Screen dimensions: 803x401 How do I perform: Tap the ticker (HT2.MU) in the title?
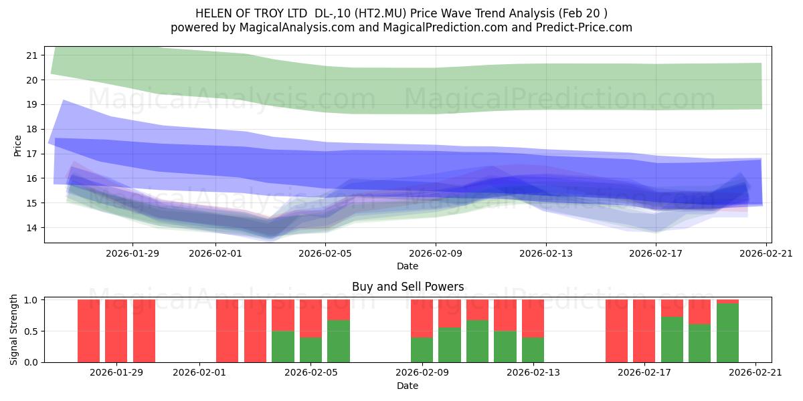pyautogui.click(x=380, y=13)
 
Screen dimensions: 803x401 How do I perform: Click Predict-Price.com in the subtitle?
pyautogui.click(x=584, y=27)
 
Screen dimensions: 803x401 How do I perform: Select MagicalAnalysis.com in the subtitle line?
pyautogui.click(x=297, y=27)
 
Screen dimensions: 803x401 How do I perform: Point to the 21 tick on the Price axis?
pyautogui.click(x=32, y=55)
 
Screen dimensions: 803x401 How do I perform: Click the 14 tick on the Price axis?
pyautogui.click(x=32, y=228)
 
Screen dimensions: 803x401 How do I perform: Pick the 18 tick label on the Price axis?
pyautogui.click(x=32, y=129)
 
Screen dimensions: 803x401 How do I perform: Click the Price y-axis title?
pyautogui.click(x=17, y=146)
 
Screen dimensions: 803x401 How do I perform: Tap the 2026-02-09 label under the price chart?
pyautogui.click(x=436, y=253)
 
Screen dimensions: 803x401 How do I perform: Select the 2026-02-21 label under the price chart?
pyautogui.click(x=766, y=253)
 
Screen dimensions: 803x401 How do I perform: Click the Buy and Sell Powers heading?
pyautogui.click(x=408, y=287)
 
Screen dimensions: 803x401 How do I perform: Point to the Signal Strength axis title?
pyautogui.click(x=13, y=329)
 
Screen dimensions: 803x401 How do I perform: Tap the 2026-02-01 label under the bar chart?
pyautogui.click(x=199, y=373)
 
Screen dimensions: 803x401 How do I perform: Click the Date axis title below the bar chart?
pyautogui.click(x=408, y=386)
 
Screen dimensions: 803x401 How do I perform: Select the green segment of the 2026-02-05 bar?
pyautogui.click(x=339, y=342)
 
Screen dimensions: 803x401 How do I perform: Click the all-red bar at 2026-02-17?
pyautogui.click(x=644, y=331)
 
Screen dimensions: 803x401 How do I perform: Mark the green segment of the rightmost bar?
pyautogui.click(x=728, y=333)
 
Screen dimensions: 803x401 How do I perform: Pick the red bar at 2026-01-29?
pyautogui.click(x=116, y=331)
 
